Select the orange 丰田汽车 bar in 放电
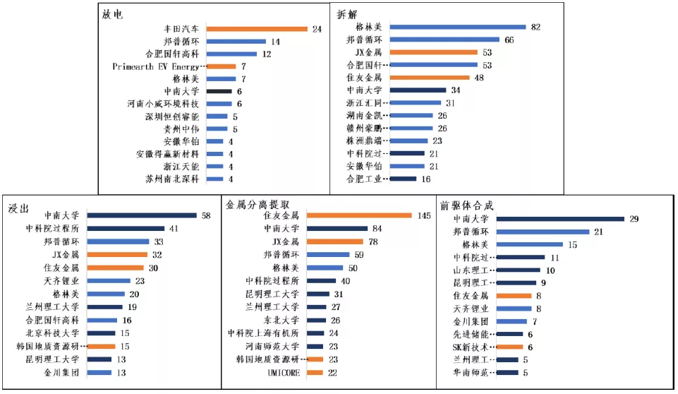click(257, 29)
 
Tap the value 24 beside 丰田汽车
click(317, 29)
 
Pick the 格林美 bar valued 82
click(458, 27)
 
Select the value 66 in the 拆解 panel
click(509, 40)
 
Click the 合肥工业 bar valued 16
click(403, 179)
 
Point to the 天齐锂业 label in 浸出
click(61, 280)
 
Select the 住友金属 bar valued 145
click(359, 215)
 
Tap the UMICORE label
click(284, 372)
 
